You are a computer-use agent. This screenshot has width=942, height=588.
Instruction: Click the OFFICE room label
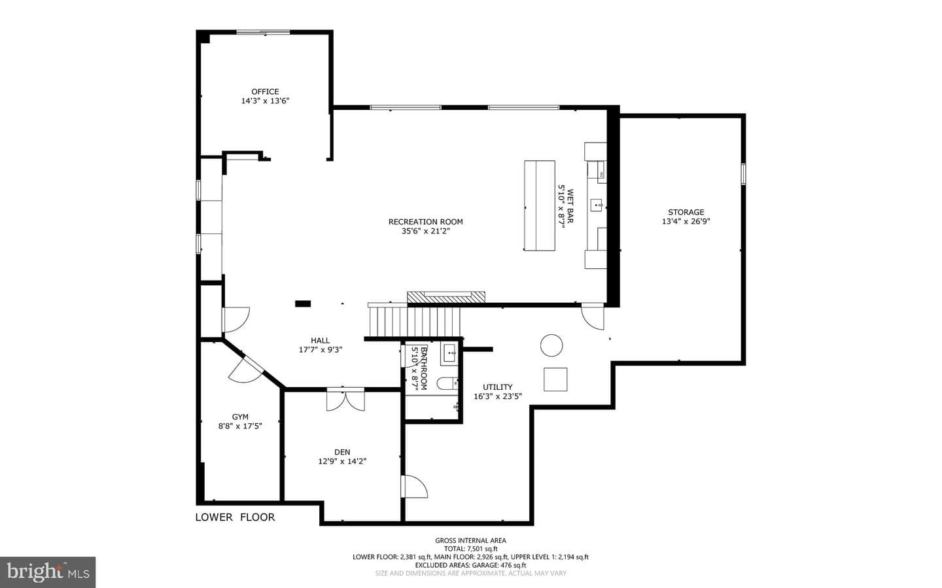[x=265, y=92]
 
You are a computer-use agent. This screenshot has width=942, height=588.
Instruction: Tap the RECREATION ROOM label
[x=426, y=222]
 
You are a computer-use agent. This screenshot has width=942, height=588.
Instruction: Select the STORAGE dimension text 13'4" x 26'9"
[x=686, y=221]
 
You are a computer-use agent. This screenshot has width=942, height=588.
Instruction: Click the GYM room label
[x=240, y=417]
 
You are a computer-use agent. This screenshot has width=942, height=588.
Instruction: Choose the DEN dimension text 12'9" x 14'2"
[x=342, y=461]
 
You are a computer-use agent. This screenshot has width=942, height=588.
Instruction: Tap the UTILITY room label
[x=497, y=387]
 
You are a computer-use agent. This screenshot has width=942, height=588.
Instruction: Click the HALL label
[x=320, y=341]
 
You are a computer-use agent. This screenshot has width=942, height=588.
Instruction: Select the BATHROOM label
[x=424, y=368]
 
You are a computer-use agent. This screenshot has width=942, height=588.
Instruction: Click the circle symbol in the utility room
[x=551, y=345]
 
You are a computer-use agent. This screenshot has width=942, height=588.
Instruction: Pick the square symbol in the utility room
[x=555, y=379]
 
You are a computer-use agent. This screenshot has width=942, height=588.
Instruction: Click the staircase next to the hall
[x=414, y=322]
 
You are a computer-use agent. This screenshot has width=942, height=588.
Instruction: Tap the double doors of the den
[x=345, y=400]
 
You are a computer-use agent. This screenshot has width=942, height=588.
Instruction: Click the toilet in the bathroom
[x=447, y=383]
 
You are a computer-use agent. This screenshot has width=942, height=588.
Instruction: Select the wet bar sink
[x=597, y=205]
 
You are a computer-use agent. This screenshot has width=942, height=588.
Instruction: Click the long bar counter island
[x=540, y=205]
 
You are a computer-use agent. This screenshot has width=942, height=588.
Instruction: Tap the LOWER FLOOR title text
[x=235, y=517]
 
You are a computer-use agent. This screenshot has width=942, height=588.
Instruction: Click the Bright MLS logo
[x=48, y=572]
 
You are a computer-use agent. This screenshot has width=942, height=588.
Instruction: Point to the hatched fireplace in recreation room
[x=445, y=298]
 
